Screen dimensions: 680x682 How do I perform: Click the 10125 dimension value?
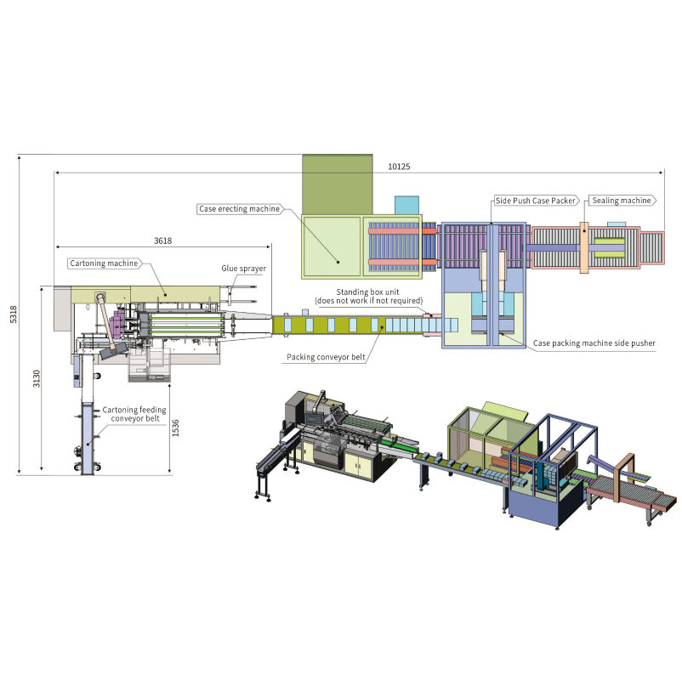click(399, 167)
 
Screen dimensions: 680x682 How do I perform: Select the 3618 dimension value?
click(163, 241)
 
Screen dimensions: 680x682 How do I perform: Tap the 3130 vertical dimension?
click(36, 380)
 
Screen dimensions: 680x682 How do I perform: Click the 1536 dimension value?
click(175, 429)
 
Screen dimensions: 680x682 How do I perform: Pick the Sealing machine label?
click(622, 201)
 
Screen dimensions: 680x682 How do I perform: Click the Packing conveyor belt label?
click(326, 357)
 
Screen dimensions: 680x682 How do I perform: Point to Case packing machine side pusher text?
click(594, 343)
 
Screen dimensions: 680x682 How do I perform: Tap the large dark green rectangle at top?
click(338, 184)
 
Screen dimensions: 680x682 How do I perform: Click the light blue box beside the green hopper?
click(406, 205)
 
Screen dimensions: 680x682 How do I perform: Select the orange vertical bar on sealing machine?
click(585, 247)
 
